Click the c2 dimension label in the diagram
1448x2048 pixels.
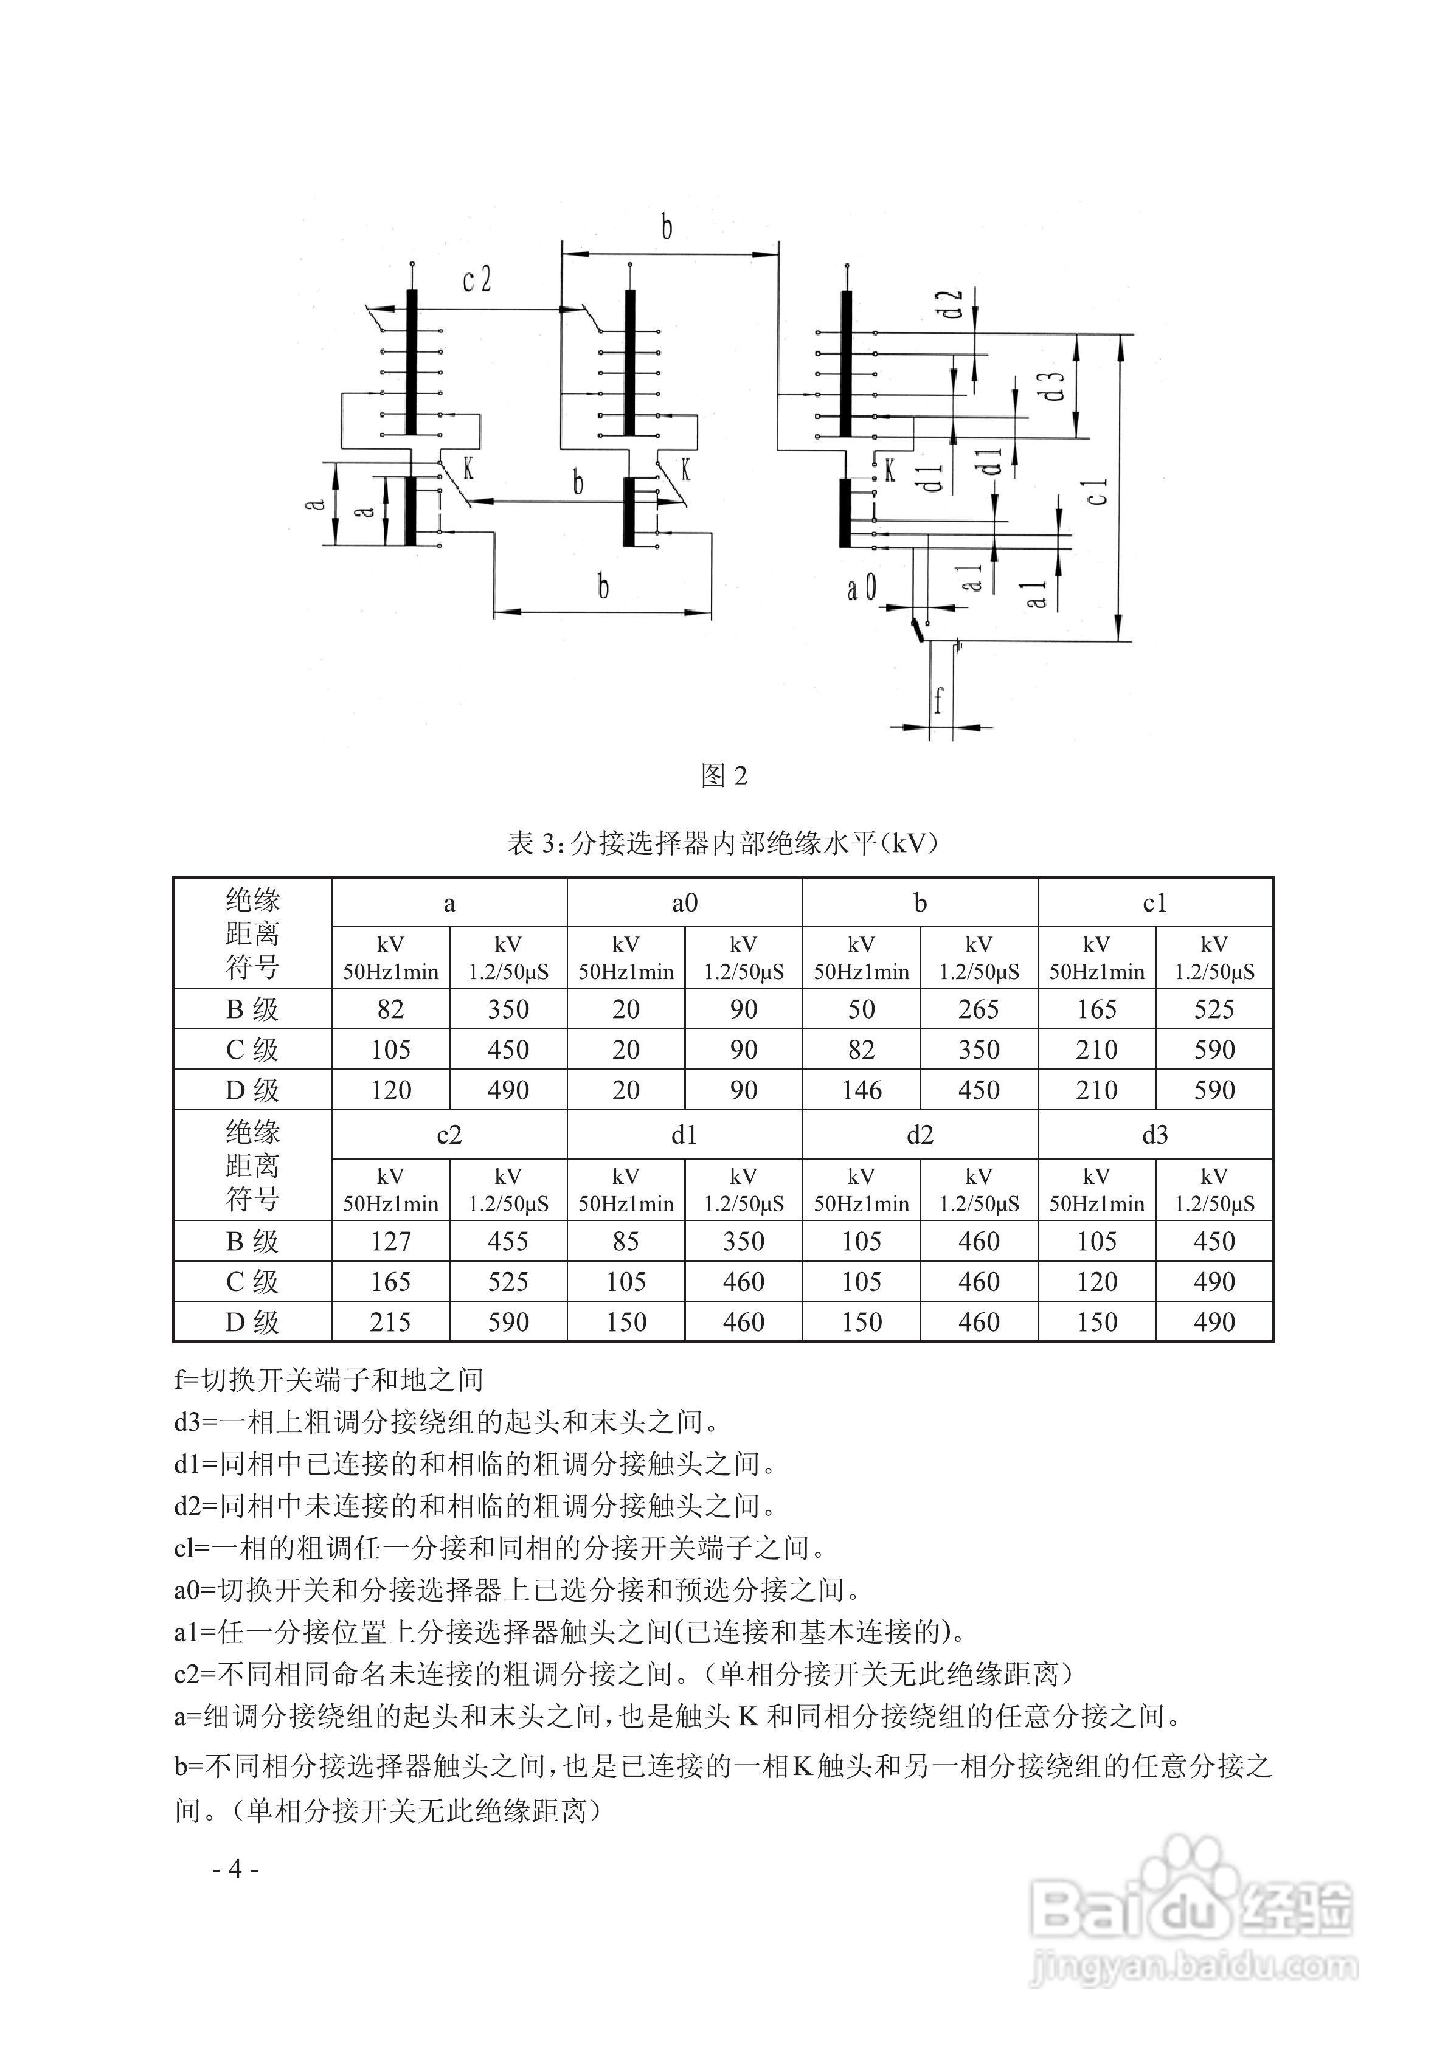pyautogui.click(x=476, y=280)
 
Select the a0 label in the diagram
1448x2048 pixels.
pyautogui.click(x=861, y=588)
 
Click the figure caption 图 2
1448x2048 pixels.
pyautogui.click(x=724, y=776)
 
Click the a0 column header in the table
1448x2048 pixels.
pyautogui.click(x=684, y=904)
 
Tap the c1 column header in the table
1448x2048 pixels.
pyautogui.click(x=1154, y=904)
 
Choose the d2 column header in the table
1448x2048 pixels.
pyautogui.click(x=920, y=1135)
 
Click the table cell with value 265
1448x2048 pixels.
pyautogui.click(x=979, y=1009)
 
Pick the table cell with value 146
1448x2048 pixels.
pyautogui.click(x=861, y=1090)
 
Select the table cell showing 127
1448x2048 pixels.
pyautogui.click(x=391, y=1240)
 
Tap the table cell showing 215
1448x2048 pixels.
pyautogui.click(x=391, y=1322)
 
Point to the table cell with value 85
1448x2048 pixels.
pyautogui.click(x=625, y=1240)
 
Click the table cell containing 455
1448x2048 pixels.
pyautogui.click(x=508, y=1240)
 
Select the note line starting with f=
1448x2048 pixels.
pyautogui.click(x=328, y=1380)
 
